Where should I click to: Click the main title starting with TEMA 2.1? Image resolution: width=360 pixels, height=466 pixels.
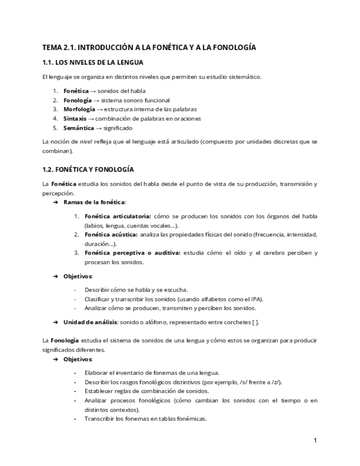[149, 48]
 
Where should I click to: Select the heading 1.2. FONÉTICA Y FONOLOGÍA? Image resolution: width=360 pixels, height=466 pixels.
[88, 169]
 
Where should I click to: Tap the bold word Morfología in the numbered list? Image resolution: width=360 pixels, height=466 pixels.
[79, 109]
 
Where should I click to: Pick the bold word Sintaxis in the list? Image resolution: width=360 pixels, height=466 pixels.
[75, 119]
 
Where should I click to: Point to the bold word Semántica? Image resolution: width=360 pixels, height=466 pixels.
[79, 128]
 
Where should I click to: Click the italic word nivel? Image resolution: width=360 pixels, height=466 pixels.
[86, 141]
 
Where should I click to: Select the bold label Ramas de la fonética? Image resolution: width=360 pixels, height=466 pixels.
[94, 202]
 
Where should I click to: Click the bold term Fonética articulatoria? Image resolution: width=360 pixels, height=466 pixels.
[118, 216]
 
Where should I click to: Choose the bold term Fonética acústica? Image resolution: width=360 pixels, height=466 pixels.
[111, 235]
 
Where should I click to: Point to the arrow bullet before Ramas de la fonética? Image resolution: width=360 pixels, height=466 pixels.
[56, 202]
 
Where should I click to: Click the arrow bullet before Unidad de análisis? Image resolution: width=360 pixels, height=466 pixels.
[56, 322]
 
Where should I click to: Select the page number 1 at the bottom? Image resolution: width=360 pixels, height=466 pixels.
[315, 440]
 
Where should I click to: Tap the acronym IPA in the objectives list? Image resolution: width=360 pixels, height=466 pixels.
[257, 299]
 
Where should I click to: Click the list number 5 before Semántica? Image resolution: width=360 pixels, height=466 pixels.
[55, 128]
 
